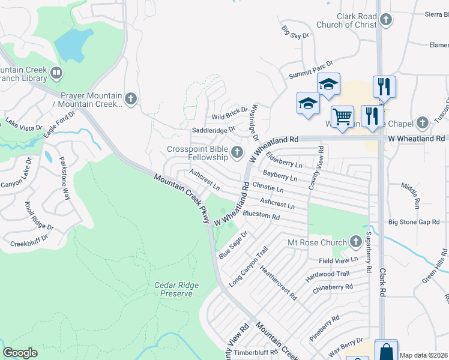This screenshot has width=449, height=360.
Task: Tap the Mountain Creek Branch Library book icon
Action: (x=56, y=73)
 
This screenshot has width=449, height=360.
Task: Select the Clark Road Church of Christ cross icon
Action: (x=386, y=20)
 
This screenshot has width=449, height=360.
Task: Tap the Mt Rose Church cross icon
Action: (x=355, y=242)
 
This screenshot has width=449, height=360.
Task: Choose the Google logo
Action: (x=20, y=353)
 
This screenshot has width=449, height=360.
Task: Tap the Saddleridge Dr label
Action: (x=213, y=130)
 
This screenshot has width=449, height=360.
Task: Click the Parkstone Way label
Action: (x=64, y=178)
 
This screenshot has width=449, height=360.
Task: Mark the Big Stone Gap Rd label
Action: (x=414, y=222)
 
